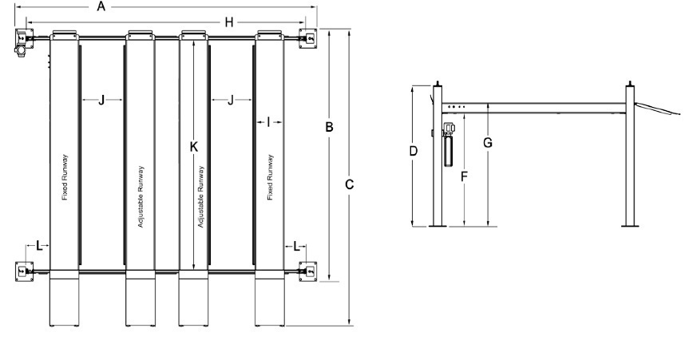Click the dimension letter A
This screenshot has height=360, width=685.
pyautogui.click(x=101, y=6)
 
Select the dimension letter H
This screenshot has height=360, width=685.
pyautogui.click(x=229, y=22)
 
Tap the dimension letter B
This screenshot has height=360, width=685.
pyautogui.click(x=330, y=127)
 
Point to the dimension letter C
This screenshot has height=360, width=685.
pyautogui.click(x=349, y=185)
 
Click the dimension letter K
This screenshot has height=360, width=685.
pyautogui.click(x=194, y=147)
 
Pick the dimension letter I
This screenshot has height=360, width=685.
pyautogui.click(x=268, y=123)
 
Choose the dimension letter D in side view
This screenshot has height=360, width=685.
pyautogui.click(x=414, y=151)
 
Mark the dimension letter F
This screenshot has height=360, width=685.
pyautogui.click(x=465, y=176)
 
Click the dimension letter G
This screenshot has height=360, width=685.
pyautogui.click(x=488, y=142)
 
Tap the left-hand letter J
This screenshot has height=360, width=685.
pyautogui.click(x=101, y=101)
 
